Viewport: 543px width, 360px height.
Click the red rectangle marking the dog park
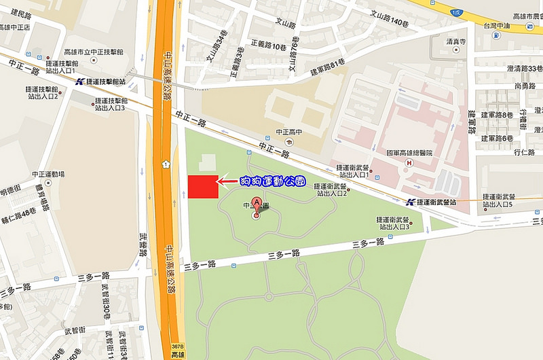coord(203,187)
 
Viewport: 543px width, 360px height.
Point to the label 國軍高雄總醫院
coord(409,153)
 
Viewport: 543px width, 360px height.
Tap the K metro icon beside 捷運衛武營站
coord(410,202)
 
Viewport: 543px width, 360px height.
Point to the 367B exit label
coord(177,346)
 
